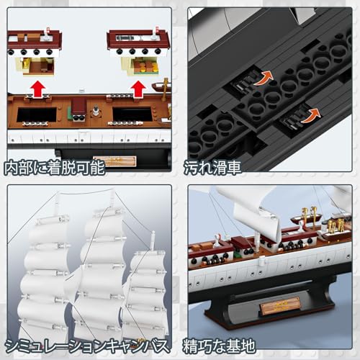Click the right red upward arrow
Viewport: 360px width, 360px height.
[138, 89]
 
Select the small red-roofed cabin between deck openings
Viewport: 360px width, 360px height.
[78, 110]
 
